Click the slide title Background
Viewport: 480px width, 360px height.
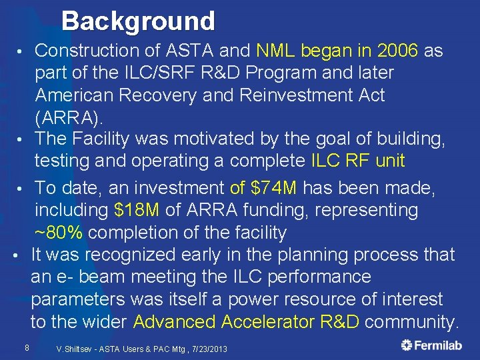coord(139,21)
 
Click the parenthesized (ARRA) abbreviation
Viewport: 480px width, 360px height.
coord(69,117)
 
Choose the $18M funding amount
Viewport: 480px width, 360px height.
coord(137,211)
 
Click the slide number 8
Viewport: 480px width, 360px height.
coord(26,347)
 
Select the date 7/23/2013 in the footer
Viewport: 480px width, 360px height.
coord(209,349)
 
